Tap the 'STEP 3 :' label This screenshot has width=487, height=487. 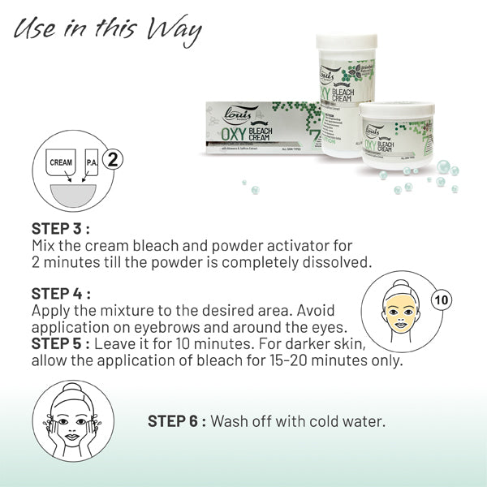coord(61,228)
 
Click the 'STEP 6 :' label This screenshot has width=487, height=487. coord(177,422)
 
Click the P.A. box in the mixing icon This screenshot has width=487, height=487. coord(92,162)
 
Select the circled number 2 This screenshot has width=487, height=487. coord(114,158)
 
